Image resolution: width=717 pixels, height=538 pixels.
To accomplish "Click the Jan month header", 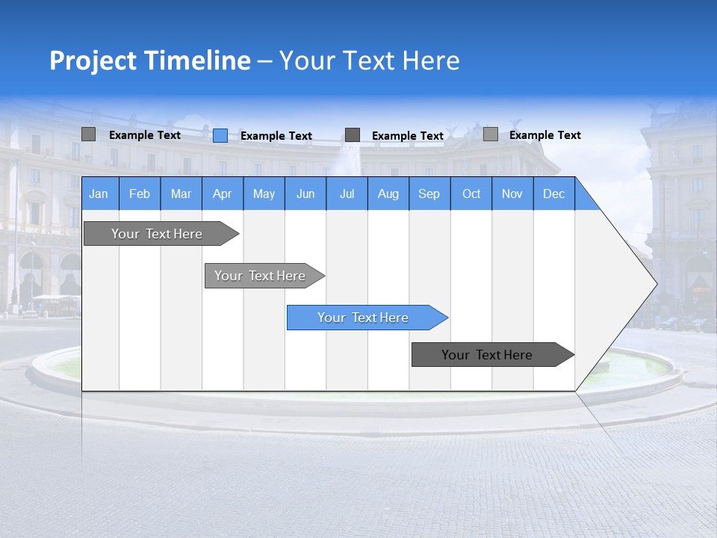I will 99,194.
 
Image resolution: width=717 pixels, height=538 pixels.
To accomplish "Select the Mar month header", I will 181,194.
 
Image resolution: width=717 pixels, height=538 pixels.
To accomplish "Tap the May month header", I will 264,194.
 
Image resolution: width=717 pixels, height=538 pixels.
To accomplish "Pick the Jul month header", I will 347,194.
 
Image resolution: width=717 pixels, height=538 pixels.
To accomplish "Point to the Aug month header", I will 388,194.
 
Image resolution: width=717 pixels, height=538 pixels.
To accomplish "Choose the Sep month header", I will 429,194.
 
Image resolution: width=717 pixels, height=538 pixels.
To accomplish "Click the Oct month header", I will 471,194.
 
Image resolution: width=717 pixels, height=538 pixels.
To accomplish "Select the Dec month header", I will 553,194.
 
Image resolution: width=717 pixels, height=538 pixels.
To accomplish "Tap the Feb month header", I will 140,194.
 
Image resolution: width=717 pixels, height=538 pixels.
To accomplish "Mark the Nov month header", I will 512,194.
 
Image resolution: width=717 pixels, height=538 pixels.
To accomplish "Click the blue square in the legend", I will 220,135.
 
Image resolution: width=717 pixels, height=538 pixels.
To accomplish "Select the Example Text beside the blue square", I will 276,136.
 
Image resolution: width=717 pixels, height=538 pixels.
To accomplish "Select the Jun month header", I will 305,194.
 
